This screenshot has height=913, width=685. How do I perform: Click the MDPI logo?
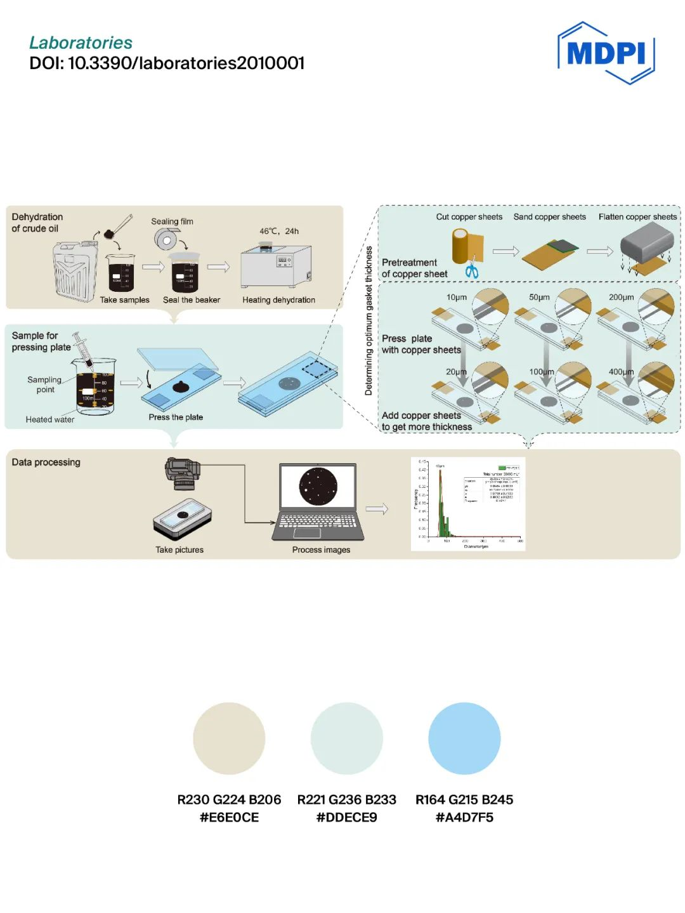pyautogui.click(x=606, y=53)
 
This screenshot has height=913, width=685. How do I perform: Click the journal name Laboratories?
pyautogui.click(x=81, y=43)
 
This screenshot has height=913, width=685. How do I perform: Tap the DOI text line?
pyautogui.click(x=167, y=63)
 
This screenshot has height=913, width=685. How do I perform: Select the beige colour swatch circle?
pyautogui.click(x=229, y=738)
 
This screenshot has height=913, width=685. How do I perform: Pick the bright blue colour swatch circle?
pyautogui.click(x=464, y=738)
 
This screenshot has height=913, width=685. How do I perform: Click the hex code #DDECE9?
pyautogui.click(x=346, y=817)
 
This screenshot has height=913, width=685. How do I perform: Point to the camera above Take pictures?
pyautogui.click(x=183, y=473)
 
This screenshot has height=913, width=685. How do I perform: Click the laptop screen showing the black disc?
pyautogui.click(x=318, y=486)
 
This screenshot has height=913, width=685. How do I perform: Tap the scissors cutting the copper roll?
pyautogui.click(x=471, y=269)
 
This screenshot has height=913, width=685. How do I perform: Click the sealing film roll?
pyautogui.click(x=167, y=240)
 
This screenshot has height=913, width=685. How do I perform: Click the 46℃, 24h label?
pyautogui.click(x=279, y=231)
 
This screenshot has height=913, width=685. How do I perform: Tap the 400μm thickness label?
pyautogui.click(x=621, y=372)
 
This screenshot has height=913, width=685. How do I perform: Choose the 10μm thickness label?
pyautogui.click(x=457, y=297)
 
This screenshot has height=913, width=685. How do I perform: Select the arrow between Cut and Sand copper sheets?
pyautogui.click(x=506, y=252)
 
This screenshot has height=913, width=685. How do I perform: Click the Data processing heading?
pyautogui.click(x=46, y=462)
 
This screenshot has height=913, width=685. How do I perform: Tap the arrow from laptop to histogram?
pyautogui.click(x=377, y=509)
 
